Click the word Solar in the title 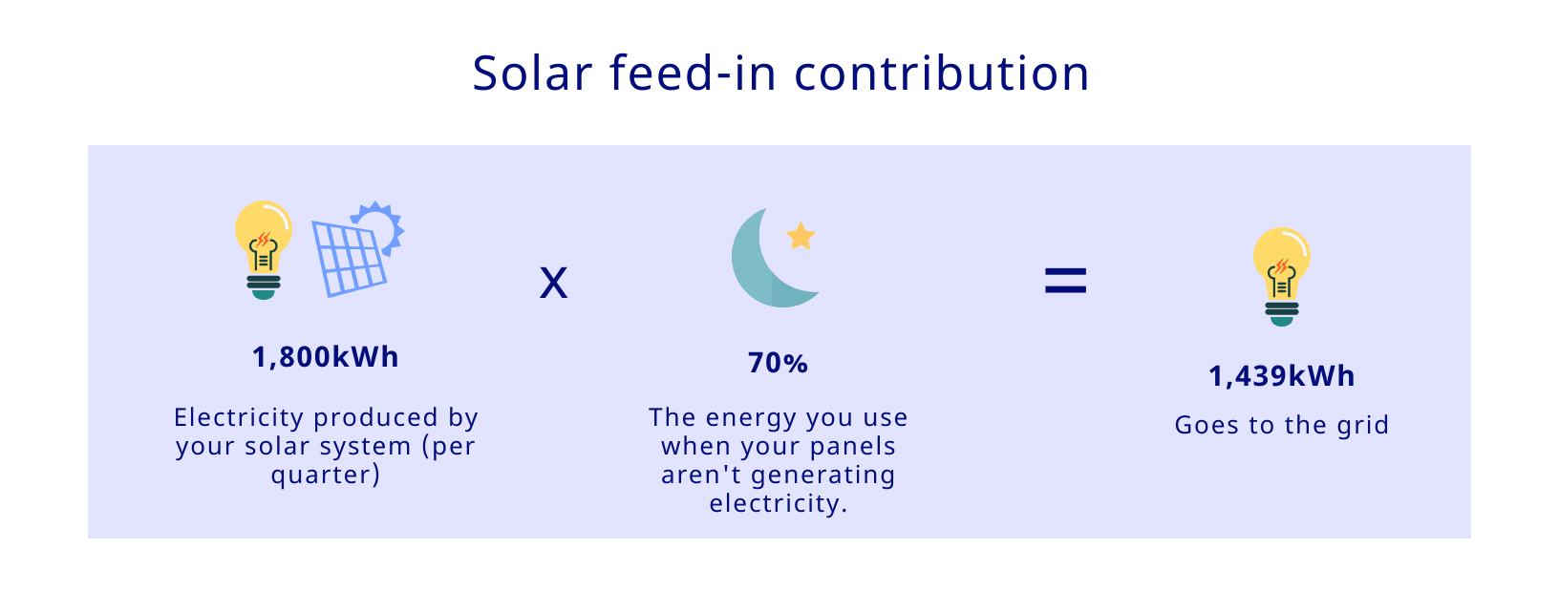(532, 73)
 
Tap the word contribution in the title (941, 73)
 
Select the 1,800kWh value (325, 357)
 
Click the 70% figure (778, 363)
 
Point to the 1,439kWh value (1281, 376)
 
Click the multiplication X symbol (553, 284)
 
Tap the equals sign (1065, 281)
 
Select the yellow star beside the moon (801, 237)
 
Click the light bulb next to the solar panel (263, 250)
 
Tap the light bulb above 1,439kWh (1281, 276)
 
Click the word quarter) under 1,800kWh (325, 476)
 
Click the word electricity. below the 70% (779, 503)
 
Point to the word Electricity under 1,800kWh (239, 417)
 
